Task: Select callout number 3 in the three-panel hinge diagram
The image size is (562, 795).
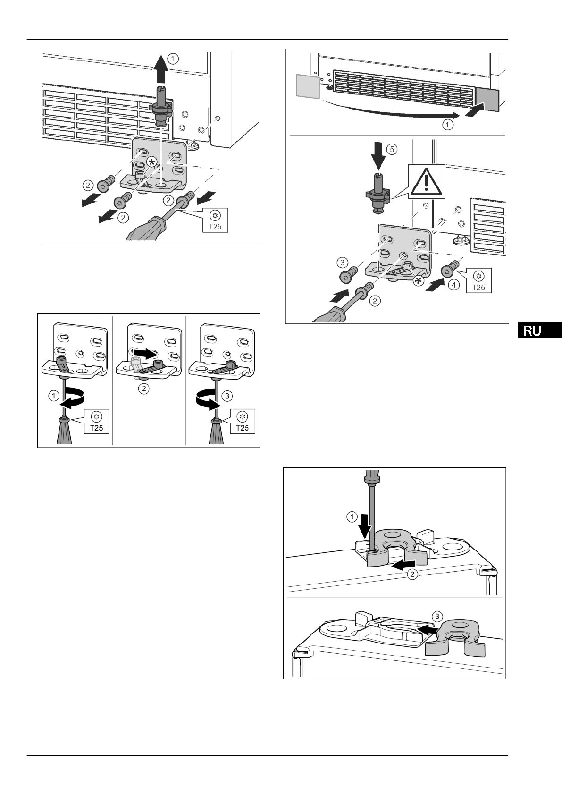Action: pos(227,396)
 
